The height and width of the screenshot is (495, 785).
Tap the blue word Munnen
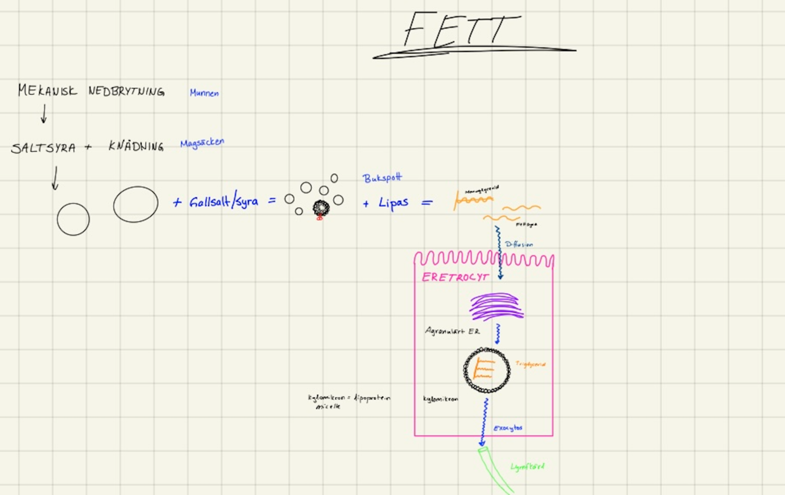click(204, 93)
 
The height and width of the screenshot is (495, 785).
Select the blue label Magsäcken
click(202, 143)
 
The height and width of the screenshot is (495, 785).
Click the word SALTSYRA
click(43, 148)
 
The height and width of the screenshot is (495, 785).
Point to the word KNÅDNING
click(136, 147)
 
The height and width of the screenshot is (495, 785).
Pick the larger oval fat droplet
click(135, 204)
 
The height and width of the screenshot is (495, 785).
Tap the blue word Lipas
click(393, 203)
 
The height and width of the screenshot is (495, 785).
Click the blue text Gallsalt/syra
click(224, 202)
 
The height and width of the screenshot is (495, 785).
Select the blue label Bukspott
click(382, 178)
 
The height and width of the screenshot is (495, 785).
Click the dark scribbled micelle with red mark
click(321, 208)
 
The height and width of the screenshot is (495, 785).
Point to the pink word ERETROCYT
click(455, 277)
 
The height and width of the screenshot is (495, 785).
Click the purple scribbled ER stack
click(496, 306)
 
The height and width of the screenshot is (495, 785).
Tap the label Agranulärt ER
click(452, 331)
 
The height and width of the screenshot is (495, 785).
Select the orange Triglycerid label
click(530, 365)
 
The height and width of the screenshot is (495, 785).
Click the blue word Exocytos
click(507, 428)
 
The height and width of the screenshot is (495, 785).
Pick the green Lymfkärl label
click(527, 467)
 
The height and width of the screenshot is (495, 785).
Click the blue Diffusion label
click(519, 244)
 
